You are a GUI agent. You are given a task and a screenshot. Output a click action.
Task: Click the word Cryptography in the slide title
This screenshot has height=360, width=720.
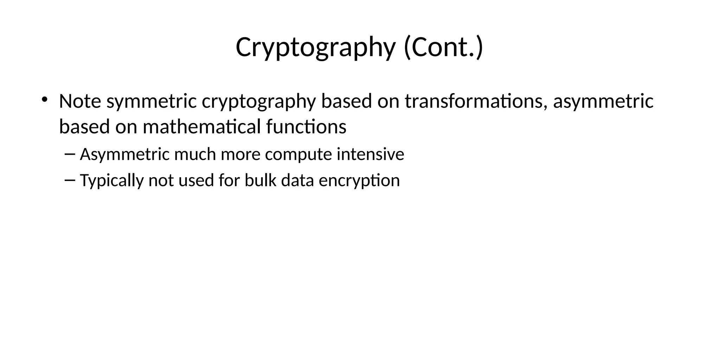(x=315, y=47)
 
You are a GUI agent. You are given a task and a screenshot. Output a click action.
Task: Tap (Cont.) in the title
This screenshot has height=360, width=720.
(x=443, y=47)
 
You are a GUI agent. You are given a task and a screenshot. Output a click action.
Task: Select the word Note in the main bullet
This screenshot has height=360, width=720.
(x=80, y=101)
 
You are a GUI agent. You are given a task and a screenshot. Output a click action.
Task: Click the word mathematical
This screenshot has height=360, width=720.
(x=202, y=127)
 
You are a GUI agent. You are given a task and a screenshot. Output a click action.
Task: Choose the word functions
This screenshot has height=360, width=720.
(x=306, y=127)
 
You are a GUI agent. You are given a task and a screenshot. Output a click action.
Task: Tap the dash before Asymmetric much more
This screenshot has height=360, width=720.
(x=70, y=154)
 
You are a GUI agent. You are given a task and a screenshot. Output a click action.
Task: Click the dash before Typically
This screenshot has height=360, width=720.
(x=70, y=180)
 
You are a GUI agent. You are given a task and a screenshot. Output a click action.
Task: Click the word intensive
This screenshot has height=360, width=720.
(x=371, y=154)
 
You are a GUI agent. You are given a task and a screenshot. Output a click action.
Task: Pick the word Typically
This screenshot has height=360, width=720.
(x=112, y=181)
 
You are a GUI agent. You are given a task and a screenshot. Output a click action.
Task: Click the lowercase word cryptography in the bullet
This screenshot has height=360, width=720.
(x=259, y=102)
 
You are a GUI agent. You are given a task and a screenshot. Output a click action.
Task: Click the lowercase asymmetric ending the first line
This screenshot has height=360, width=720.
(x=603, y=102)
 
